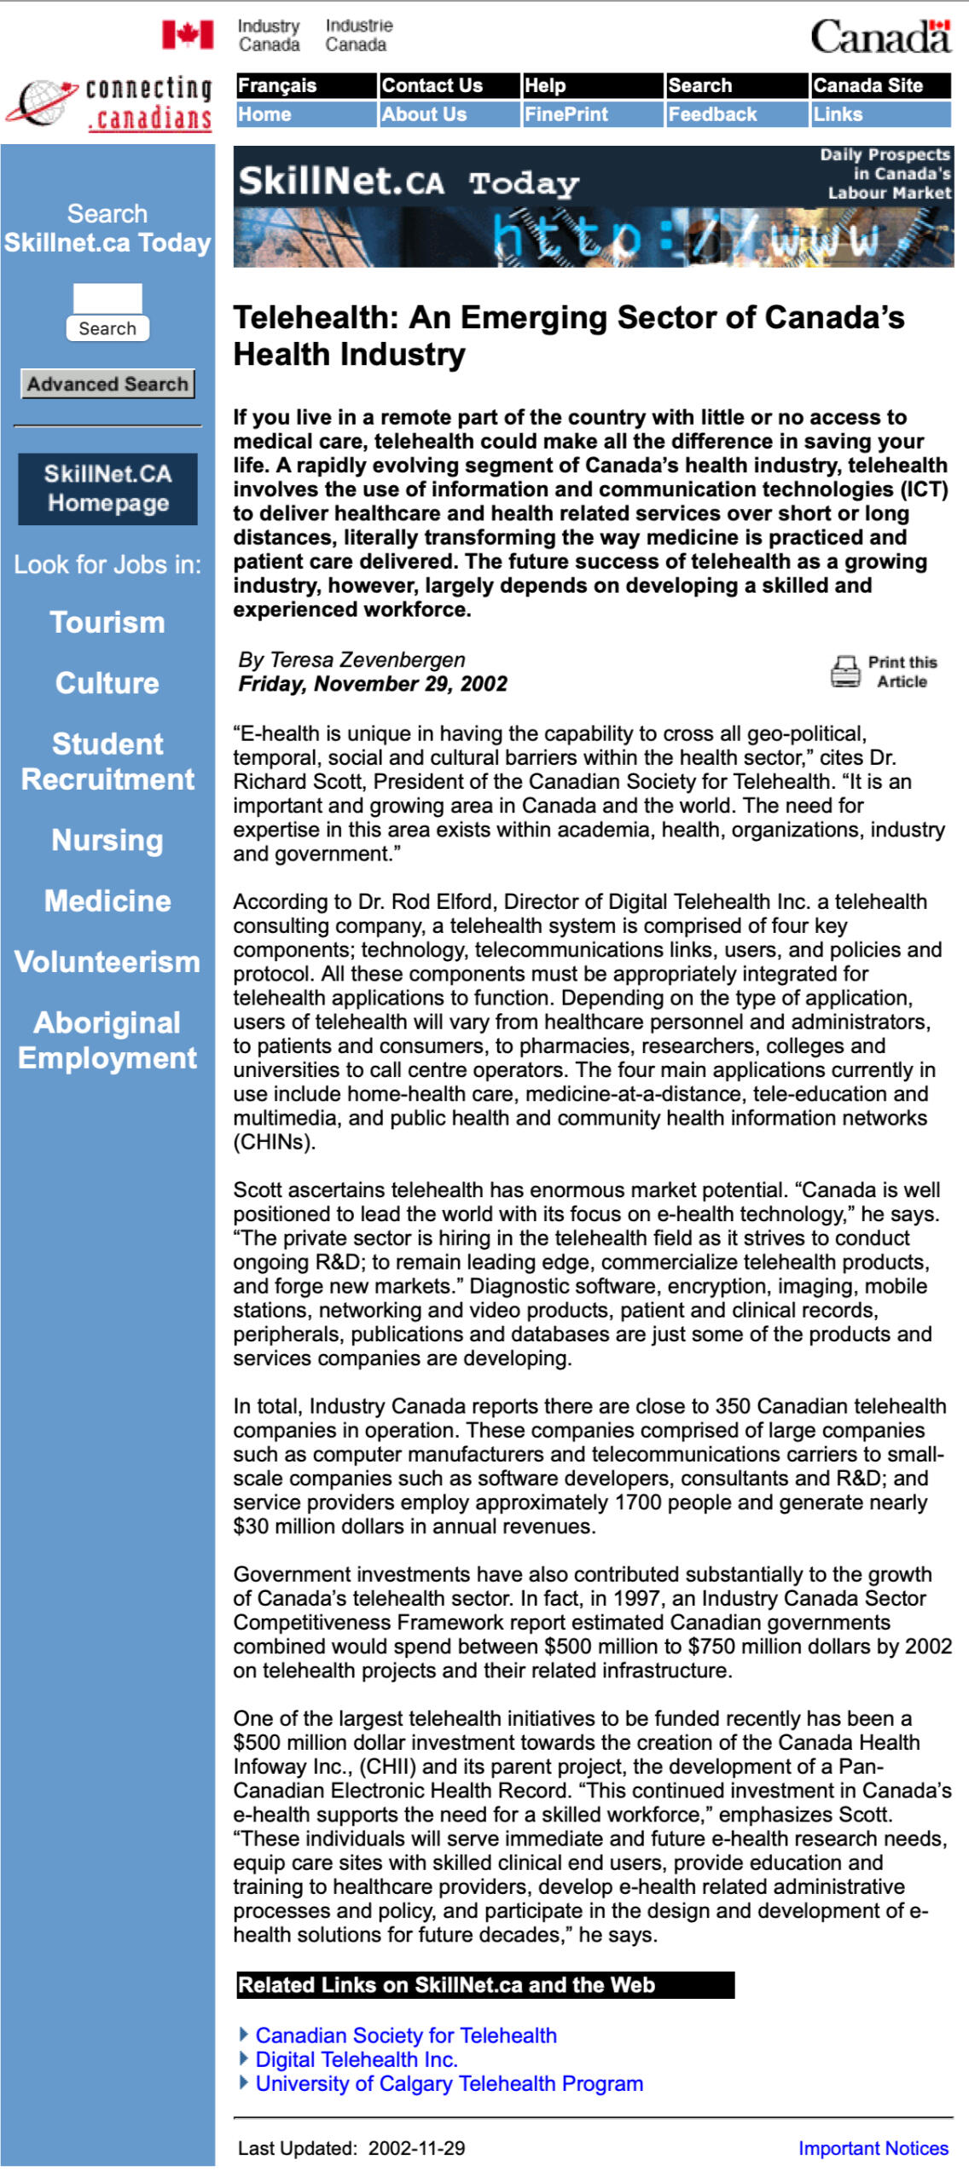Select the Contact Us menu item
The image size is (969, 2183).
coord(432,85)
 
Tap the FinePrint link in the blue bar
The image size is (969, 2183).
coord(566,114)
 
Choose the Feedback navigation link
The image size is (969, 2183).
coord(712,114)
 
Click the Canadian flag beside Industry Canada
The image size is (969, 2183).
coord(188,35)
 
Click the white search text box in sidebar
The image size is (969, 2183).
coord(107,298)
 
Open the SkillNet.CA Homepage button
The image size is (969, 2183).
coord(107,489)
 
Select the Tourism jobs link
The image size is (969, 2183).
coord(107,622)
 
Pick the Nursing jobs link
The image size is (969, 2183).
coord(107,840)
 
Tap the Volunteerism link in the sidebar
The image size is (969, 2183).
coord(107,962)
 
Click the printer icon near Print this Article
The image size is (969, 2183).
coord(845,671)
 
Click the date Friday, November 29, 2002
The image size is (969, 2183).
coord(373,684)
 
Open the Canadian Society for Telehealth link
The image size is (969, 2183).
coord(406,2035)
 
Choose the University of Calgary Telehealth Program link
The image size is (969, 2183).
coord(450,2083)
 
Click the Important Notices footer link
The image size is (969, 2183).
coord(873,2148)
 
